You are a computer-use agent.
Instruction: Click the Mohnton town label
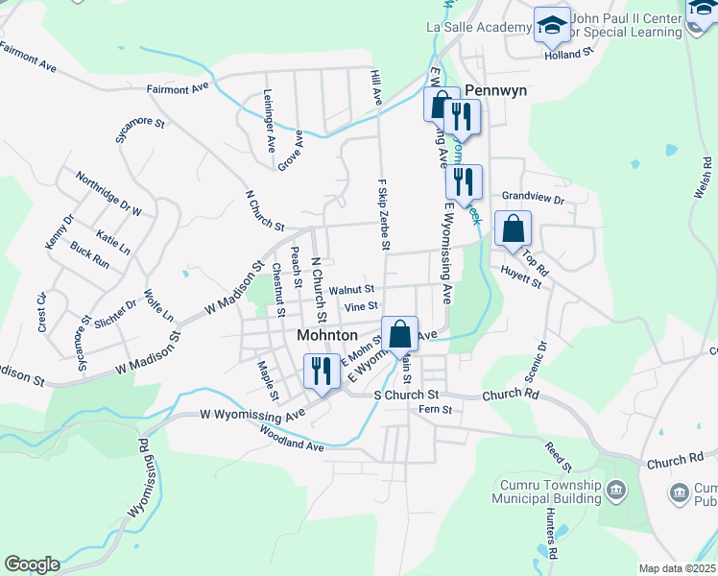(326, 336)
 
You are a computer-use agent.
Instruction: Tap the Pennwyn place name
(496, 90)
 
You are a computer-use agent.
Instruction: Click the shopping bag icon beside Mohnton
(399, 334)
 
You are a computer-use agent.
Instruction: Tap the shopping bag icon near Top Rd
(513, 228)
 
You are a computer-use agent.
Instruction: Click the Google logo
(32, 564)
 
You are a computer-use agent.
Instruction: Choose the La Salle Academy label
(477, 27)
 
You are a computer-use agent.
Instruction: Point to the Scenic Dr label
(542, 357)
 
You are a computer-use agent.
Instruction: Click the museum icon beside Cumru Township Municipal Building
(616, 492)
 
